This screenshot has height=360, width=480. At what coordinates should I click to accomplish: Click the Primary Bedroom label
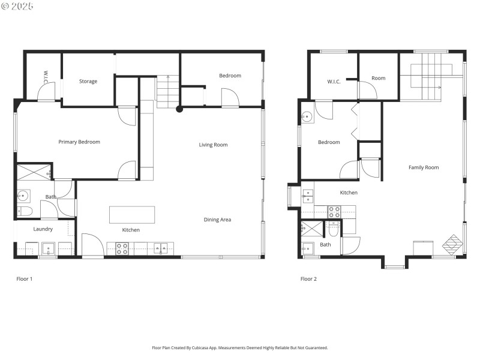79,142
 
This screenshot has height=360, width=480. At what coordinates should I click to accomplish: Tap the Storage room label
88,82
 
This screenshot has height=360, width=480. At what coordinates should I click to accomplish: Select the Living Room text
214,145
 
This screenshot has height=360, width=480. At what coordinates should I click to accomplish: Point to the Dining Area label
217,220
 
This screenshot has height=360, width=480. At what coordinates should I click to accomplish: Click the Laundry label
43,229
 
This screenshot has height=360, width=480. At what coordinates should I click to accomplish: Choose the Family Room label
424,167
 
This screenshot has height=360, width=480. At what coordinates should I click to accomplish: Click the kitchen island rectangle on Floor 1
132,215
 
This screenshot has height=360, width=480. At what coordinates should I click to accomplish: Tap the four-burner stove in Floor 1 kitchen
122,248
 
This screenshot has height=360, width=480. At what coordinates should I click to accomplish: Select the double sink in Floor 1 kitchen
161,248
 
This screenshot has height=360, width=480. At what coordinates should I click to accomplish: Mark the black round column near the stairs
179,109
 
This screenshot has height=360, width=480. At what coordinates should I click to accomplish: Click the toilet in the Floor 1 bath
25,211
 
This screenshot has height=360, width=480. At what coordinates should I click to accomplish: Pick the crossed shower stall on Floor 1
33,172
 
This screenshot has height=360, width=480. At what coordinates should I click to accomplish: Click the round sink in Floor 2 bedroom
307,118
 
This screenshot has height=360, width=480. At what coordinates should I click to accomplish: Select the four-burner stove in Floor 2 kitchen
334,211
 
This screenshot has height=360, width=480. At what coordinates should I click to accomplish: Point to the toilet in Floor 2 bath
333,229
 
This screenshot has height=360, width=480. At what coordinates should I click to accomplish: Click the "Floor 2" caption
308,278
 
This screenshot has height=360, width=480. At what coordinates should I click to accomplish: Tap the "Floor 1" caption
24,278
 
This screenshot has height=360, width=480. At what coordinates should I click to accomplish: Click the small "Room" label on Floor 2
378,78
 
